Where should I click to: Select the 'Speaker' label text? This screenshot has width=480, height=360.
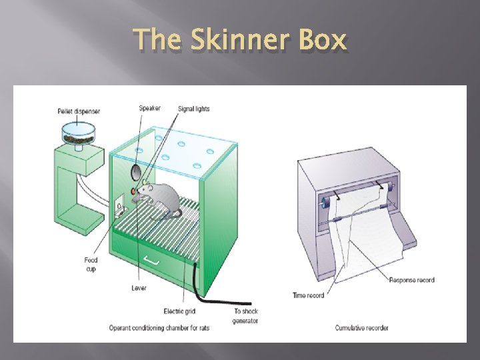pyautogui.click(x=149, y=109)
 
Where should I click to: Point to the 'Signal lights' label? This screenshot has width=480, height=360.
pyautogui.click(x=193, y=109)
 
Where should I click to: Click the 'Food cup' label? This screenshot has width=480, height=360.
pyautogui.click(x=91, y=264)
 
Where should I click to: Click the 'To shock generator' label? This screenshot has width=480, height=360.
pyautogui.click(x=245, y=315)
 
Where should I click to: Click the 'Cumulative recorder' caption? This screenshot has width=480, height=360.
pyautogui.click(x=362, y=327)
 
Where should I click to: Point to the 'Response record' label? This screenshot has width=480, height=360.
pyautogui.click(x=411, y=280)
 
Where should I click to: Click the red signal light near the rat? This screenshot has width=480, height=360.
pyautogui.click(x=134, y=192)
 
